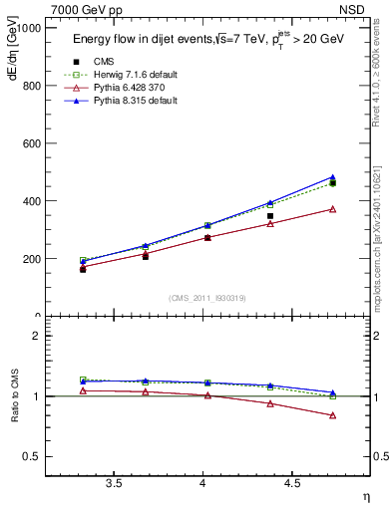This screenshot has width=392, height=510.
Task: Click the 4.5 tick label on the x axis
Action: tap(292, 483)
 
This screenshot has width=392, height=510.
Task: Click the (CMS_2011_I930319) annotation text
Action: tap(206, 298)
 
